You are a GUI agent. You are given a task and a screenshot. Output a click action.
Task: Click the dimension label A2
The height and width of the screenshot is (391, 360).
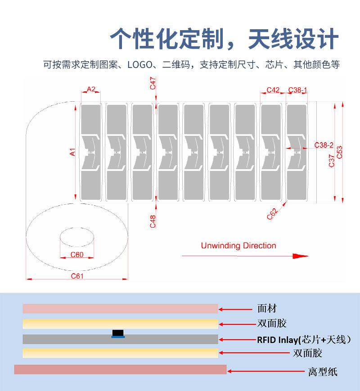pos(91,89)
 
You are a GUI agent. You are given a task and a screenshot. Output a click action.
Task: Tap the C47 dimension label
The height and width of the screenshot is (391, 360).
pos(153,83)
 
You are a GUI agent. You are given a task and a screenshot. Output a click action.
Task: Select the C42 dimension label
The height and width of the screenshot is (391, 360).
pos(273,90)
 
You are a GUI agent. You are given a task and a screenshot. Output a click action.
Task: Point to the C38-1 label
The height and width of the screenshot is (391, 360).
pos(297,90)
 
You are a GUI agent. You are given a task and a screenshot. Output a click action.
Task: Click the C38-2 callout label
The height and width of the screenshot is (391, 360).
pos(324,145)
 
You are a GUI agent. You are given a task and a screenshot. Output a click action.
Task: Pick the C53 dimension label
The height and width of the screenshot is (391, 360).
pos(339,153)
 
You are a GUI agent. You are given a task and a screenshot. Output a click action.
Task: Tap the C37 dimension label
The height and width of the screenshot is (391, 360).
pos(331,161)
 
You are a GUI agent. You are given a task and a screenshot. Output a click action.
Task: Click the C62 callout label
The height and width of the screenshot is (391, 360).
pos(272,214)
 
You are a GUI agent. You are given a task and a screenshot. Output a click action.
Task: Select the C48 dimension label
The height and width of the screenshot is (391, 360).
pos(153,221)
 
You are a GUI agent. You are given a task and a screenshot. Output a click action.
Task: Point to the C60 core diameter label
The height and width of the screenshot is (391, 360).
pos(77,255)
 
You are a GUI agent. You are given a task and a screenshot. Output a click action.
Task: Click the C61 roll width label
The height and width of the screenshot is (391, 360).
pos(77,276)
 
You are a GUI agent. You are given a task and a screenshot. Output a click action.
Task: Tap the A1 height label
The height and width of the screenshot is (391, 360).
pos(72,152)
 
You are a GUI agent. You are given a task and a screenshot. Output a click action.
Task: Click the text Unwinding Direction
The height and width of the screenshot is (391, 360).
pos(238,246)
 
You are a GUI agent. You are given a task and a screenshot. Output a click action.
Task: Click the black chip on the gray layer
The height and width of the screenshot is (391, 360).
pos(118,333)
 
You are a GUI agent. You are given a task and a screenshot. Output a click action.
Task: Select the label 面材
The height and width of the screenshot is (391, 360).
pos(267,309)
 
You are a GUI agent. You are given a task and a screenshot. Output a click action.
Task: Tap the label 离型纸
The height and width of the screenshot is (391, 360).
pos(323,372)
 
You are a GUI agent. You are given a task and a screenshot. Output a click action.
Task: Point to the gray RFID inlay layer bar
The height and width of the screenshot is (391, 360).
pos(120,340)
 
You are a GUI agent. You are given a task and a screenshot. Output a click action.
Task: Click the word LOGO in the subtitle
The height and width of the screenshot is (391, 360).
pos(140,65)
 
